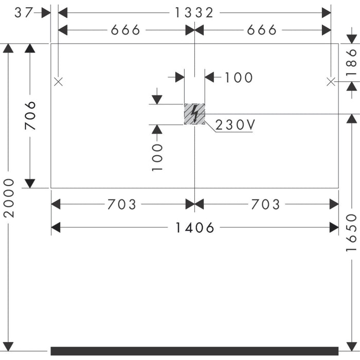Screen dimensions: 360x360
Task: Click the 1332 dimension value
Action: point(194,13)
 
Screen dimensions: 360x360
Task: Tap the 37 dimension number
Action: point(24,13)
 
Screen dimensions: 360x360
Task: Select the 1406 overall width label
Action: point(194,228)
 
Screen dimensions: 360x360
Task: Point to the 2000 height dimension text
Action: point(9,198)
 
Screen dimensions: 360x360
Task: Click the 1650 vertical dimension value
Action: point(351,232)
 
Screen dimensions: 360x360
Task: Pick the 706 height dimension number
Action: point(30,116)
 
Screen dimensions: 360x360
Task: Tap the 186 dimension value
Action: point(351,62)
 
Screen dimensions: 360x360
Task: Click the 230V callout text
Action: point(235,125)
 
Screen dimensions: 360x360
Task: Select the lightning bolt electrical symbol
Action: point(195,114)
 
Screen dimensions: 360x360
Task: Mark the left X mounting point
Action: point(58,81)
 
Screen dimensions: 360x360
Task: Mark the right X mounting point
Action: point(331,81)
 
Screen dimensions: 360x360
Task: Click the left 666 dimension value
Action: point(125,30)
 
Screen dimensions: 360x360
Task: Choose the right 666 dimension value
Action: point(262,30)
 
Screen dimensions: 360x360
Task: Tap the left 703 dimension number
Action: point(122,204)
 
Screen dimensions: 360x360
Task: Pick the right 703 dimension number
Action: point(266,204)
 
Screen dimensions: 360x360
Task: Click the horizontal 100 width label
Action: point(239,78)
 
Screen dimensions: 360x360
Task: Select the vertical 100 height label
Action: point(157,157)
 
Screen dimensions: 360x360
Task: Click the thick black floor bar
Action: point(194,351)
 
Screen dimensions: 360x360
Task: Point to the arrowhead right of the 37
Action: point(46,13)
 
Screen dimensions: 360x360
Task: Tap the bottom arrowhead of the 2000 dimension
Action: point(8,346)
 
